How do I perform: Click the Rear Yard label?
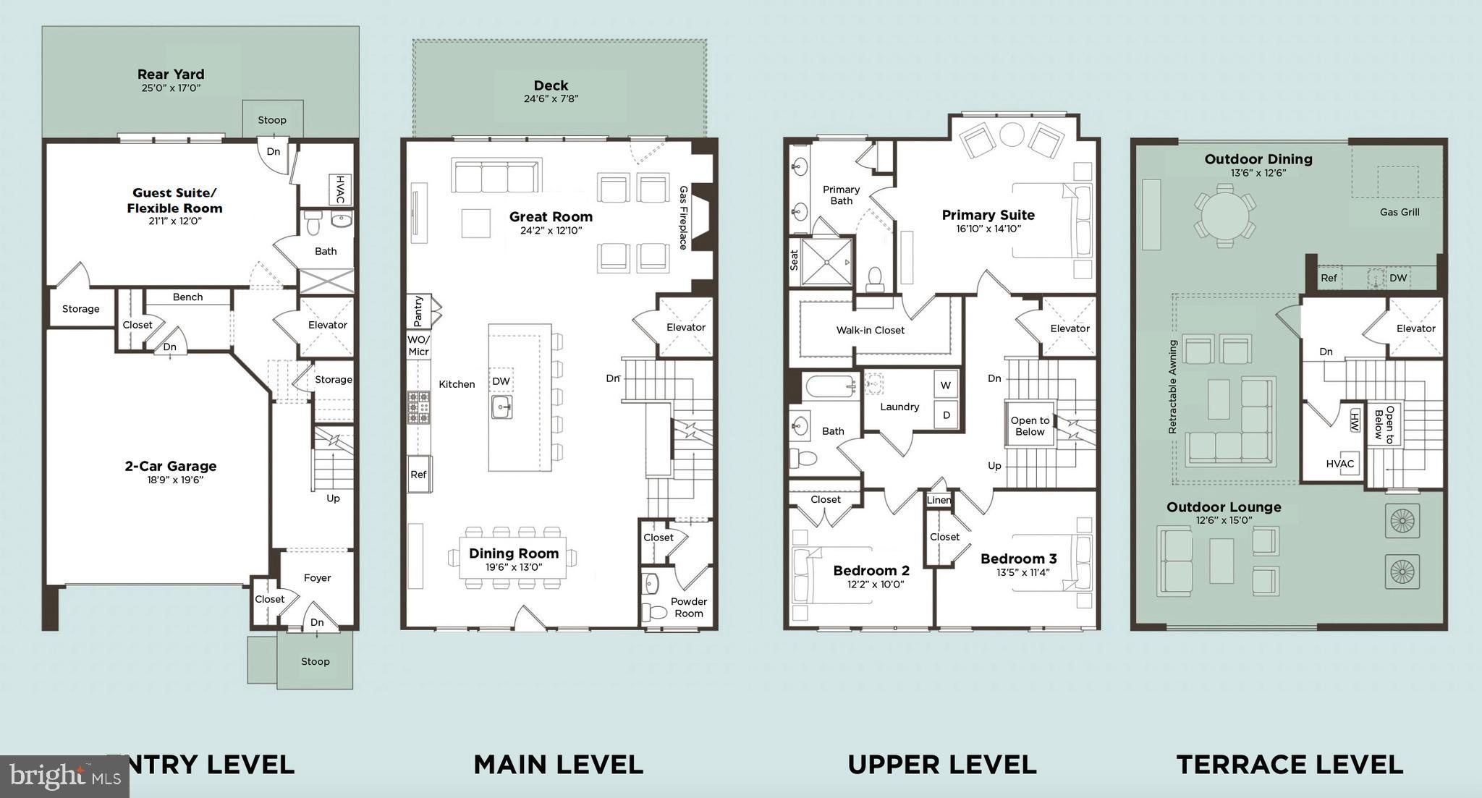pos(171,74)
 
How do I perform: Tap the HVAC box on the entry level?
pos(340,190)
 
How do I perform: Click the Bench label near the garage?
pos(187,297)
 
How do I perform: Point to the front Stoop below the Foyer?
pos(315,661)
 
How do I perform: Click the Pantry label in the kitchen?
pos(418,311)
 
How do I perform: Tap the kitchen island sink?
pos(502,407)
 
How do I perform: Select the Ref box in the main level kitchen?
pos(418,475)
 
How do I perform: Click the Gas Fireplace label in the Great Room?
pos(683,218)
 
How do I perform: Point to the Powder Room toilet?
pos(656,612)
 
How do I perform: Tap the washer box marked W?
pos(945,386)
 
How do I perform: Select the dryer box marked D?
pos(945,415)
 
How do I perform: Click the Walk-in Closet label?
pos(870,330)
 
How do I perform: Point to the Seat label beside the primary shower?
pos(794,260)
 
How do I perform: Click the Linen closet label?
pos(939,500)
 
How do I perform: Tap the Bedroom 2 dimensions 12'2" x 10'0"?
pos(871,585)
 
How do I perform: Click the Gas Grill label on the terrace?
pos(1399,212)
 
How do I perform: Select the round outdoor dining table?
pos(1224,214)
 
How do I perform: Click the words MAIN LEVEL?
pos(558,764)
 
